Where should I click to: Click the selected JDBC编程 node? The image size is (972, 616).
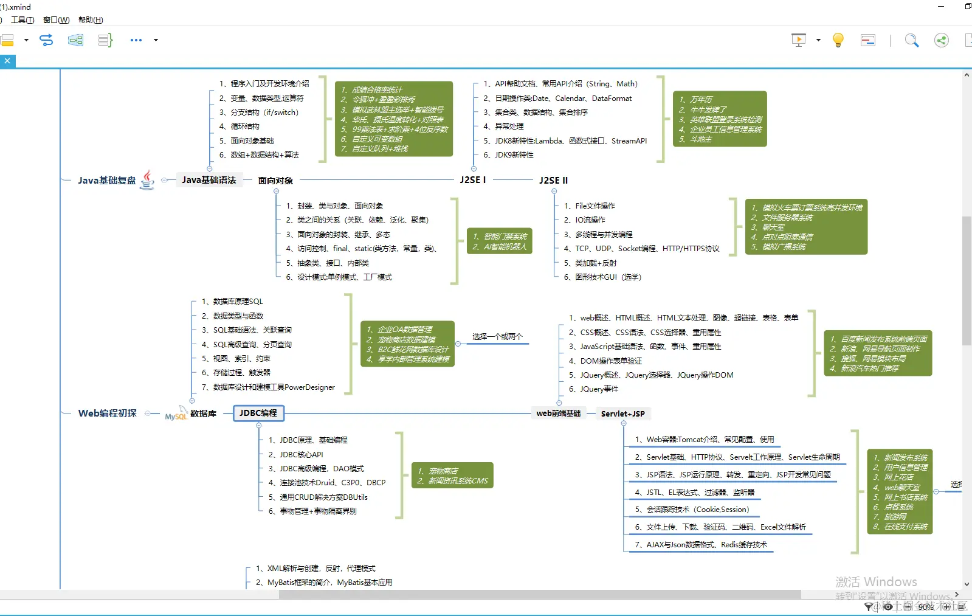tap(258, 414)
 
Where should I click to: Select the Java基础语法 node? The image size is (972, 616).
tap(209, 180)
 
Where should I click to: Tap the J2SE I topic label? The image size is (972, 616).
tap(472, 180)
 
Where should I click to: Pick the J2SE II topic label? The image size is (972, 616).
tap(553, 181)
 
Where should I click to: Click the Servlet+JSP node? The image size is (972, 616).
tap(622, 414)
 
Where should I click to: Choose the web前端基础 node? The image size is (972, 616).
tap(558, 414)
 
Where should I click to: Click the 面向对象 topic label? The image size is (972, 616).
tap(275, 181)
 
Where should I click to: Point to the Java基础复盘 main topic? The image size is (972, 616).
tap(107, 181)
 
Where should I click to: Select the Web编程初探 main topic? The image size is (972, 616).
tap(108, 414)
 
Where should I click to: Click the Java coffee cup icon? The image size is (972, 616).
tap(147, 179)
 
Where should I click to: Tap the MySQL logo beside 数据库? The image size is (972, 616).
tap(176, 414)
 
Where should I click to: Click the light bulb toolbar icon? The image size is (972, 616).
tap(838, 40)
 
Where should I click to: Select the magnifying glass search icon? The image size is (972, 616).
tap(911, 40)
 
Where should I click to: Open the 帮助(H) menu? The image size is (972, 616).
tap(91, 20)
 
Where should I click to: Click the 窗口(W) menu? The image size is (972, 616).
tap(56, 20)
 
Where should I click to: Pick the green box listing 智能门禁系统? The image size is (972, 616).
tap(499, 241)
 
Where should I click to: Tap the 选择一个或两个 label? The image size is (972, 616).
tap(497, 336)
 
